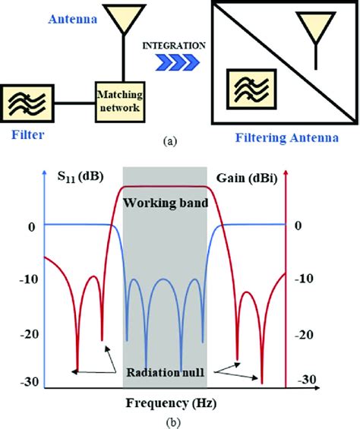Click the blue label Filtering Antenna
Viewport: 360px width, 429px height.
click(294, 138)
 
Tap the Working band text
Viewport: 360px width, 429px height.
click(165, 203)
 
